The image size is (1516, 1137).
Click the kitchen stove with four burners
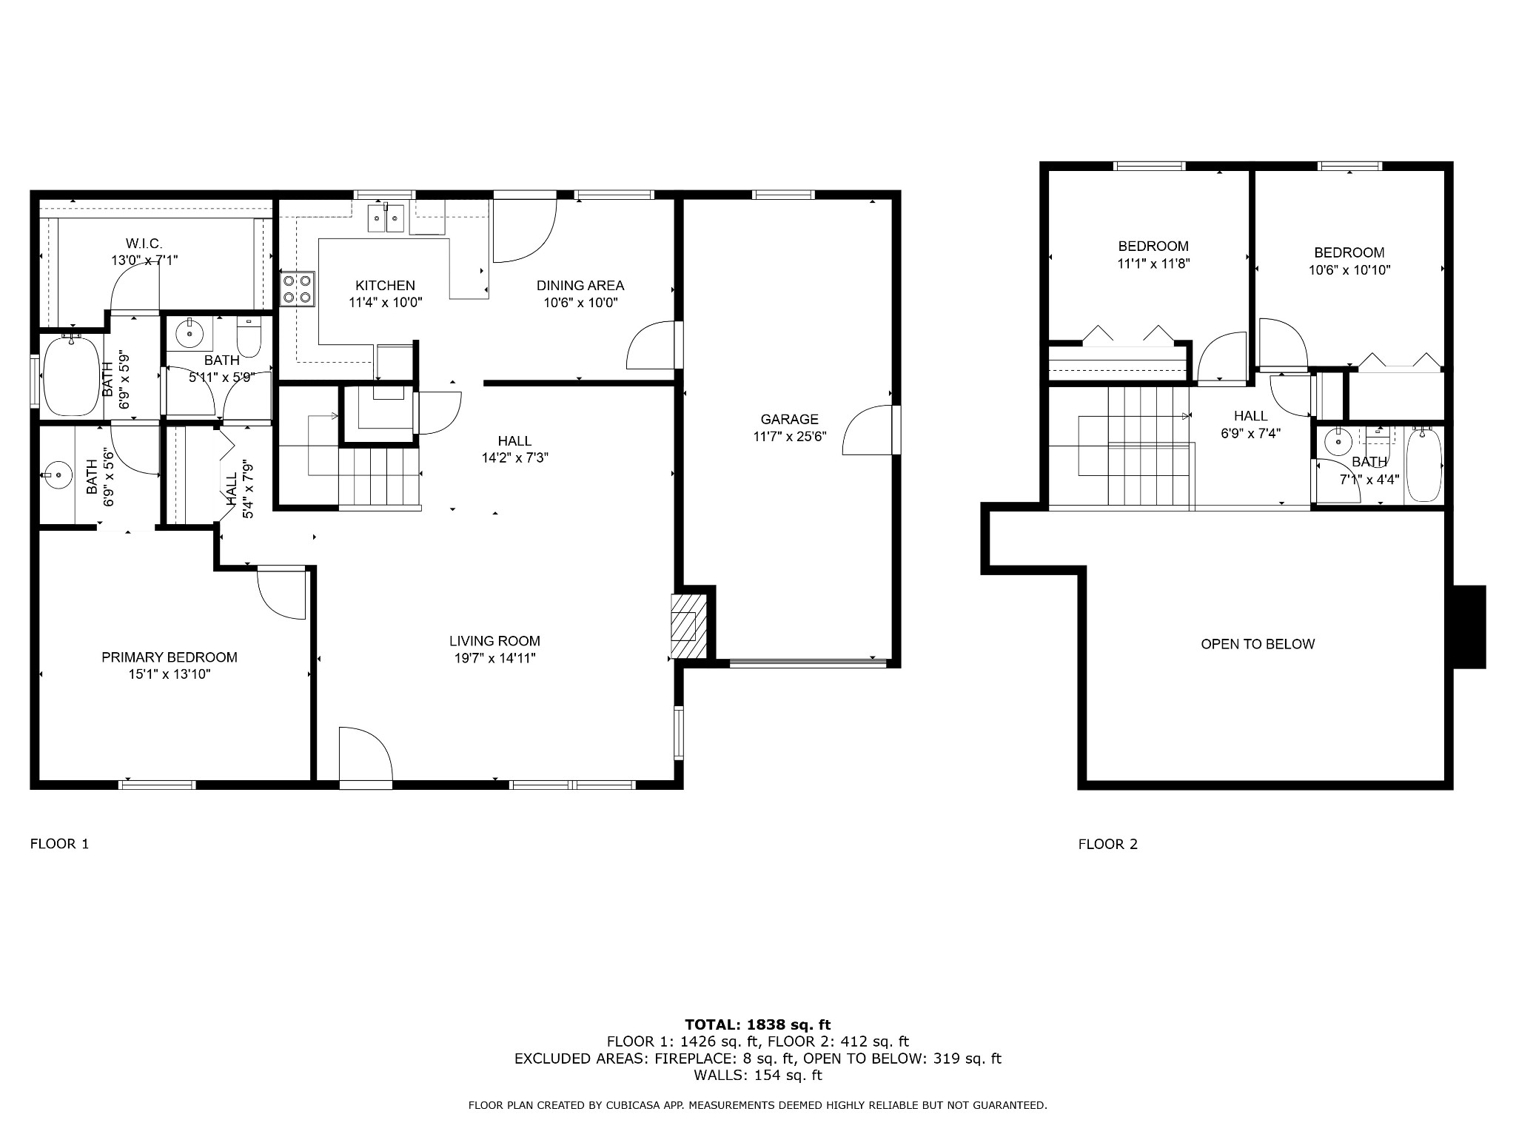coord(298,289)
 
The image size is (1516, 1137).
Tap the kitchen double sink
coord(386,218)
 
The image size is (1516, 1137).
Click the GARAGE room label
coord(789,419)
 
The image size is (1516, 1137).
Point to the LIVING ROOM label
coord(494,641)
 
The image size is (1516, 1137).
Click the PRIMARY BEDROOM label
coord(170,657)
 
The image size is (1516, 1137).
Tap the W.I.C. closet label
coord(144,244)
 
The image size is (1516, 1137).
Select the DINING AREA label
coord(580,285)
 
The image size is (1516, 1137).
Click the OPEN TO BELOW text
coord(1258,644)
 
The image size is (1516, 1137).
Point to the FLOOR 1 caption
coord(59,844)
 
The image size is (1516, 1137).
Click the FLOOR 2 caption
coord(1108,844)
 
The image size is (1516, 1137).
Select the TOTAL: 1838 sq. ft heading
coord(758,1024)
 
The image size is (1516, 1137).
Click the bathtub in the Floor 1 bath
coord(72,376)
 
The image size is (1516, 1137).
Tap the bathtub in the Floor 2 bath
coord(1423,465)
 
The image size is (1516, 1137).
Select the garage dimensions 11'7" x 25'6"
coord(789,437)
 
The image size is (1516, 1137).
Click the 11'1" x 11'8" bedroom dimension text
coord(1153,264)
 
